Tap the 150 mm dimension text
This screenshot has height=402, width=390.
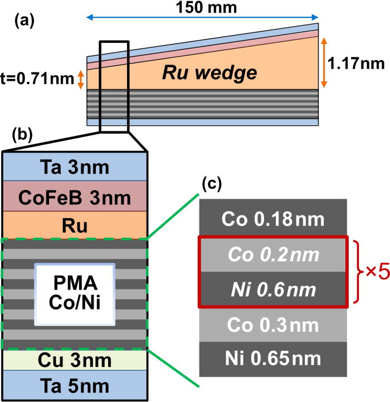tap(203, 9)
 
